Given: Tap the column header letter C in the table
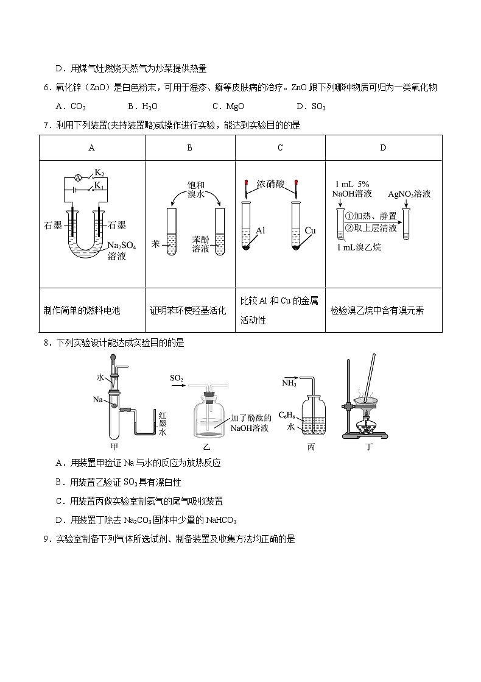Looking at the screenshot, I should coord(280,147).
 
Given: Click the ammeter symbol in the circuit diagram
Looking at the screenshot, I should coord(78,177).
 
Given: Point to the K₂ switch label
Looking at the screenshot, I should coord(99,174).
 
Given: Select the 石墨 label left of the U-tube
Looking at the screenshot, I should coord(54,226).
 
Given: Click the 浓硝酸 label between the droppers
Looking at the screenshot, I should coord(270,183).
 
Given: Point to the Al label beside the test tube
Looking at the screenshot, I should coord(261,230).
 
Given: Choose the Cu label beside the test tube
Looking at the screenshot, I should coord(310,230).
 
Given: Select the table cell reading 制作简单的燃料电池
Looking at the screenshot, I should coord(82,310).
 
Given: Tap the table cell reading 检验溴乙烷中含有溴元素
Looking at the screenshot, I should coord(377,310).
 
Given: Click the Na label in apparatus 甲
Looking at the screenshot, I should coord(97,399).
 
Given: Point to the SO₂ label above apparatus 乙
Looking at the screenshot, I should coord(177,378).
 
